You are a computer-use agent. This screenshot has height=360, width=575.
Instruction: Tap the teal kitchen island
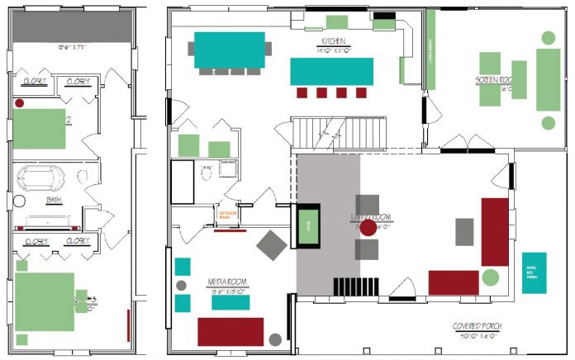pos(331,70)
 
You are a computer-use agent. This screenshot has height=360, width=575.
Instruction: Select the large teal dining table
pos(230,50)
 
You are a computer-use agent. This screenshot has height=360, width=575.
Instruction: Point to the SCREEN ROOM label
pos(493,80)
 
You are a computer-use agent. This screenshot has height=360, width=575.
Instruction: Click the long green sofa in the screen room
pos(548,79)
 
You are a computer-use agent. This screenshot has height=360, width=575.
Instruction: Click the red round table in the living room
pos(368,226)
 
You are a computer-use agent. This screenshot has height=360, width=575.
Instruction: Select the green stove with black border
pos(308,223)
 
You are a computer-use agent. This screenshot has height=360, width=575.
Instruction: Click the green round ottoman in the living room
pos(490,277)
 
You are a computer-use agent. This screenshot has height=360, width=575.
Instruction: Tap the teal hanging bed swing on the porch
pos(534,273)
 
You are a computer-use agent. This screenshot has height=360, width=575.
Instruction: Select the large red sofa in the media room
pos(230,331)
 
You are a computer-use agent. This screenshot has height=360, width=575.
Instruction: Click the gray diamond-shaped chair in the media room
pos(271,244)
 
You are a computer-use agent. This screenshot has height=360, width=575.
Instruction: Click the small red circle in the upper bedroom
pos(17,103)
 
